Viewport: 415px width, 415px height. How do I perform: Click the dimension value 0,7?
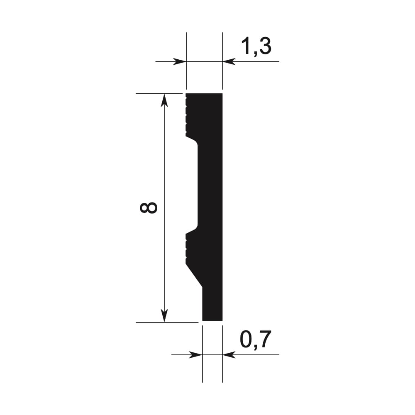pyautogui.click(x=255, y=340)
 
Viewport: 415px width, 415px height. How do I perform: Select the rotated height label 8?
pyautogui.click(x=149, y=207)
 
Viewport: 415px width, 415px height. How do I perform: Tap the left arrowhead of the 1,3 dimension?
pyautogui.click(x=179, y=61)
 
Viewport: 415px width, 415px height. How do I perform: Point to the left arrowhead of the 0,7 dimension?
pyautogui.click(x=195, y=355)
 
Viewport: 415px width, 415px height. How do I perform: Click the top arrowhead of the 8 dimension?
pyautogui.click(x=165, y=100)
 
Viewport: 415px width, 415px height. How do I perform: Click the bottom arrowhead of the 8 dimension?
pyautogui.click(x=165, y=315)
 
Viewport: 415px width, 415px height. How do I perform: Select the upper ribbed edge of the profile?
pyautogui.click(x=187, y=114)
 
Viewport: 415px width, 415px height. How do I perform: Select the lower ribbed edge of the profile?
pyautogui.click(x=187, y=248)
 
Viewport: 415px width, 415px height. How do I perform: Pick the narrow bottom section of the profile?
pyautogui.click(x=212, y=305)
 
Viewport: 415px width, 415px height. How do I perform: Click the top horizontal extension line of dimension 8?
pyautogui.click(x=158, y=94)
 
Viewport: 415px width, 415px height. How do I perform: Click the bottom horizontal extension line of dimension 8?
pyautogui.click(x=166, y=322)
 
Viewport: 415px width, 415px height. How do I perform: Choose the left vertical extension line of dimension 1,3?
pyautogui.click(x=186, y=46)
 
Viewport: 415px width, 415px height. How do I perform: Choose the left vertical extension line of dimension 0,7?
pyautogui.click(x=203, y=369)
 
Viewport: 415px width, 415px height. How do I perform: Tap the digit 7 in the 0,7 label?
pyautogui.click(x=264, y=340)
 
